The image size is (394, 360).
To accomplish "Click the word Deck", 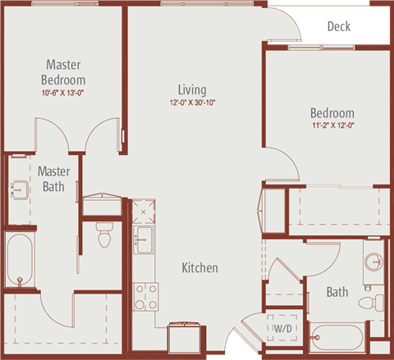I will pyautogui.click(x=339, y=26).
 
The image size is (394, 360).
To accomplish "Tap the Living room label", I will pyautogui.click(x=192, y=89).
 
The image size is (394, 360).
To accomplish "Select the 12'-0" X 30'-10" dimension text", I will pyautogui.click(x=192, y=103).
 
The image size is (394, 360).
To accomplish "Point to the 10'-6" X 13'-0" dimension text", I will pyautogui.click(x=63, y=93).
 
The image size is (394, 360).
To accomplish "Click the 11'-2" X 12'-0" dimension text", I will pyautogui.click(x=332, y=125).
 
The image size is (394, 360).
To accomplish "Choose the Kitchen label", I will pyautogui.click(x=199, y=268).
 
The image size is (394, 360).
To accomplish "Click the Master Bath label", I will pyautogui.click(x=54, y=179).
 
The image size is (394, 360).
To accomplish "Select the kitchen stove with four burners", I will pyautogui.click(x=145, y=293).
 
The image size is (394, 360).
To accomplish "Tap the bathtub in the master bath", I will pyautogui.click(x=19, y=260).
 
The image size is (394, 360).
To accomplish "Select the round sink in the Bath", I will pyautogui.click(x=373, y=263).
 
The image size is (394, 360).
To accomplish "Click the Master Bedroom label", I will pyautogui.click(x=63, y=72).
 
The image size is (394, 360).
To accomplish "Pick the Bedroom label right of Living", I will pyautogui.click(x=332, y=113).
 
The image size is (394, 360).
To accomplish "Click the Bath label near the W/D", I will pyautogui.click(x=337, y=292).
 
